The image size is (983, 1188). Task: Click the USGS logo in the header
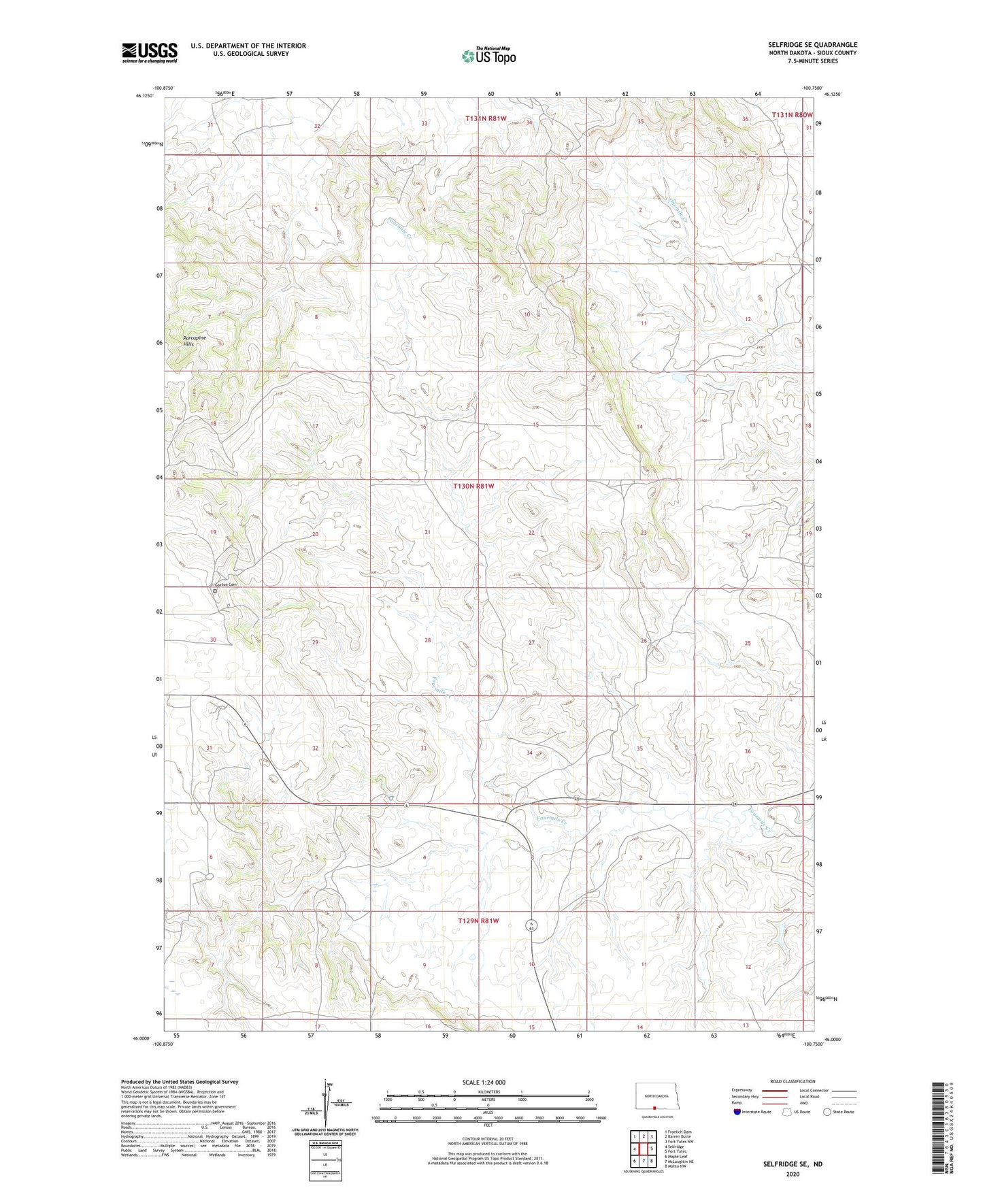(150, 52)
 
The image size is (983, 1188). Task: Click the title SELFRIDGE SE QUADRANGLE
(812, 45)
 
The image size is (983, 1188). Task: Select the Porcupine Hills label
(194, 341)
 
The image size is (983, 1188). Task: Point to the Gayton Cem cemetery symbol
(215, 591)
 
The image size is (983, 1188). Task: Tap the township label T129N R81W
(478, 921)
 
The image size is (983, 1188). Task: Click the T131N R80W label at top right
(793, 115)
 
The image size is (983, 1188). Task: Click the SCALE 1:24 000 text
(484, 1083)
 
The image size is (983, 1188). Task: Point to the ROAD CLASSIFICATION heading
(793, 1081)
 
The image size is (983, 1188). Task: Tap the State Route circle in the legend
(827, 1112)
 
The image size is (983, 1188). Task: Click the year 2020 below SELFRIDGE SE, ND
(793, 1174)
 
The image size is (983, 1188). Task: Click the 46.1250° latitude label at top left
(144, 96)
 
